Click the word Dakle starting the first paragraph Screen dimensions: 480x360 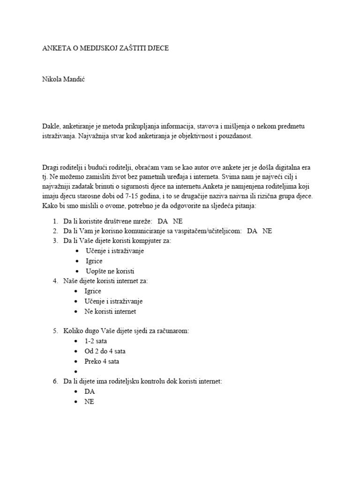(51, 126)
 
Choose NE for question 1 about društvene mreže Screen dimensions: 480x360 (178, 220)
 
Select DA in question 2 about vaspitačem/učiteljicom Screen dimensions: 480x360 (252, 231)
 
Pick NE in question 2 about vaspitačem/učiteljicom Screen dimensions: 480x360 (267, 231)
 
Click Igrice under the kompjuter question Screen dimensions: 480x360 (94, 261)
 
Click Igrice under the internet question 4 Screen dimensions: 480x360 (93, 291)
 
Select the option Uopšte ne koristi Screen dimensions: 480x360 (110, 271)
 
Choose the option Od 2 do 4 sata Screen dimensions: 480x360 (105, 351)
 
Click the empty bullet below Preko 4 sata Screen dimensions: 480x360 (76, 372)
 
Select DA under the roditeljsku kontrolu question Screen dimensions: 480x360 (90, 391)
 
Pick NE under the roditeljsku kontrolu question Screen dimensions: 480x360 (89, 402)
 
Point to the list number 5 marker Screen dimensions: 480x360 (55, 331)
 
